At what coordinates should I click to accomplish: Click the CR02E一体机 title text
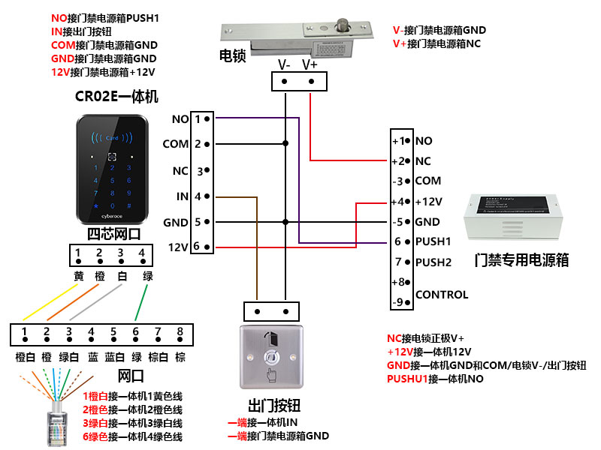pyautogui.click(x=116, y=96)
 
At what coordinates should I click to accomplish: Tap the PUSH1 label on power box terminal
pyautogui.click(x=433, y=242)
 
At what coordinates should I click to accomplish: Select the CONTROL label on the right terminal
pyautogui.click(x=441, y=295)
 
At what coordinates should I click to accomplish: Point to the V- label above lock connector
pyautogui.click(x=284, y=64)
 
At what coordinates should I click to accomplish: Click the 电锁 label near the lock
pyautogui.click(x=232, y=56)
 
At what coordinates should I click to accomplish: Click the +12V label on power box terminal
pyautogui.click(x=427, y=202)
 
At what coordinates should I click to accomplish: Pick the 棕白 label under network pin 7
pyautogui.click(x=158, y=358)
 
